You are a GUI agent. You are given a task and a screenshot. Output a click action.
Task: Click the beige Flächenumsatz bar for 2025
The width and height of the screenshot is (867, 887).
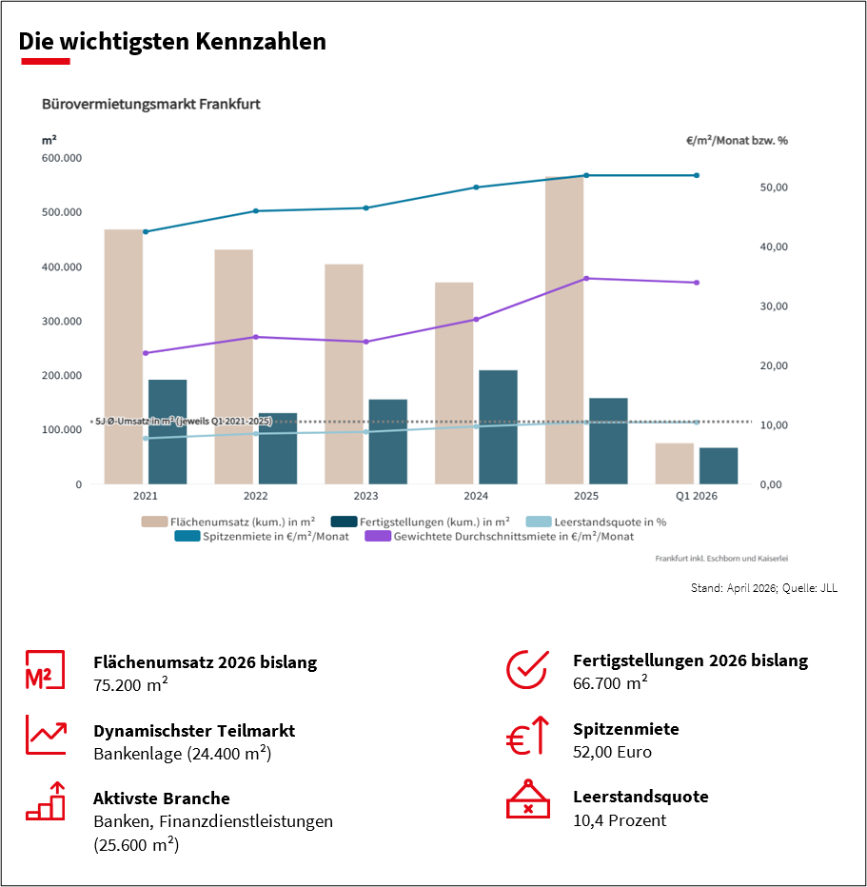tap(563, 329)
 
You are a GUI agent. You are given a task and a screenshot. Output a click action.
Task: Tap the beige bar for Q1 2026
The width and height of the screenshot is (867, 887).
tap(674, 463)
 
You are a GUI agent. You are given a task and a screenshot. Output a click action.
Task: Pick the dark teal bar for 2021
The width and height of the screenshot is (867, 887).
tap(167, 431)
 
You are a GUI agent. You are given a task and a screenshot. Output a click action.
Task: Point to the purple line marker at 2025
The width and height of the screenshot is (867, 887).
tap(586, 278)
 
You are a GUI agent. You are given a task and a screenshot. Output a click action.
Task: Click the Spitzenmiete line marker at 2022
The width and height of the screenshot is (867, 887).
tap(255, 211)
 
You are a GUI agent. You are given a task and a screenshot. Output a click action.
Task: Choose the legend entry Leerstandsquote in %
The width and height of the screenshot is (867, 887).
tap(597, 521)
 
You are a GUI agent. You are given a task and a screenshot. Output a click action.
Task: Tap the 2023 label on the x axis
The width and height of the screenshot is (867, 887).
tap(365, 496)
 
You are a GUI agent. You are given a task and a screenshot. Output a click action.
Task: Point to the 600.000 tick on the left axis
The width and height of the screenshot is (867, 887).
tap(62, 158)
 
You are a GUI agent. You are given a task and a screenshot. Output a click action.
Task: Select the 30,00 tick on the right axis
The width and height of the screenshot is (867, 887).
tap(775, 306)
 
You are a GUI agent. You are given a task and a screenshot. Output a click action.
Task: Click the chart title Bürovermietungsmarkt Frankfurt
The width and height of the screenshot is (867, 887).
tap(150, 104)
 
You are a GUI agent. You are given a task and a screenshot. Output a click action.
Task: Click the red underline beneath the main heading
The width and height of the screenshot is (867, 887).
tap(45, 62)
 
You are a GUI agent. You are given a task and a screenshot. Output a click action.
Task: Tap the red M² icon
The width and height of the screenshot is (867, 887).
tap(45, 670)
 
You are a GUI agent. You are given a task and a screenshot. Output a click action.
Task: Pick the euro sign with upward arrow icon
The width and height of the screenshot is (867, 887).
tap(527, 738)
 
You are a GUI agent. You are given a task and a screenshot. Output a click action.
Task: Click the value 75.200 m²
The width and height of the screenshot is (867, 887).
tap(130, 683)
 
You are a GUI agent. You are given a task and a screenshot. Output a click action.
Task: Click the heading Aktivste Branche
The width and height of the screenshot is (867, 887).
tap(161, 798)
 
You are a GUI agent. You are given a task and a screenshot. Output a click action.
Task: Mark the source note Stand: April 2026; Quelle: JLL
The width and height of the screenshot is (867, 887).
tap(763, 588)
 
